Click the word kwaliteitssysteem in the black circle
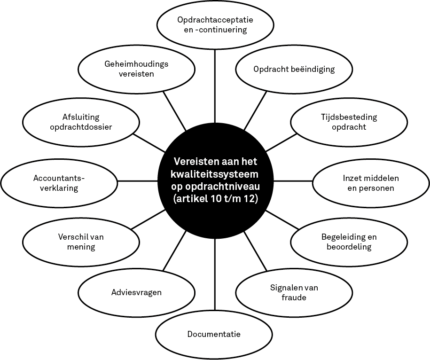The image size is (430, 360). coord(215,174)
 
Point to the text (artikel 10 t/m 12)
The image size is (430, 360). coord(216,199)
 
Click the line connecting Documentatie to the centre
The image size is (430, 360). coord(215,274)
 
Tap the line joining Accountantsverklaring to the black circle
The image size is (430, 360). coord(138,181)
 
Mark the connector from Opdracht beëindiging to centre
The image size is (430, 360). coord(255,111)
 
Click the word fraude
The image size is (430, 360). coord(294,297)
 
